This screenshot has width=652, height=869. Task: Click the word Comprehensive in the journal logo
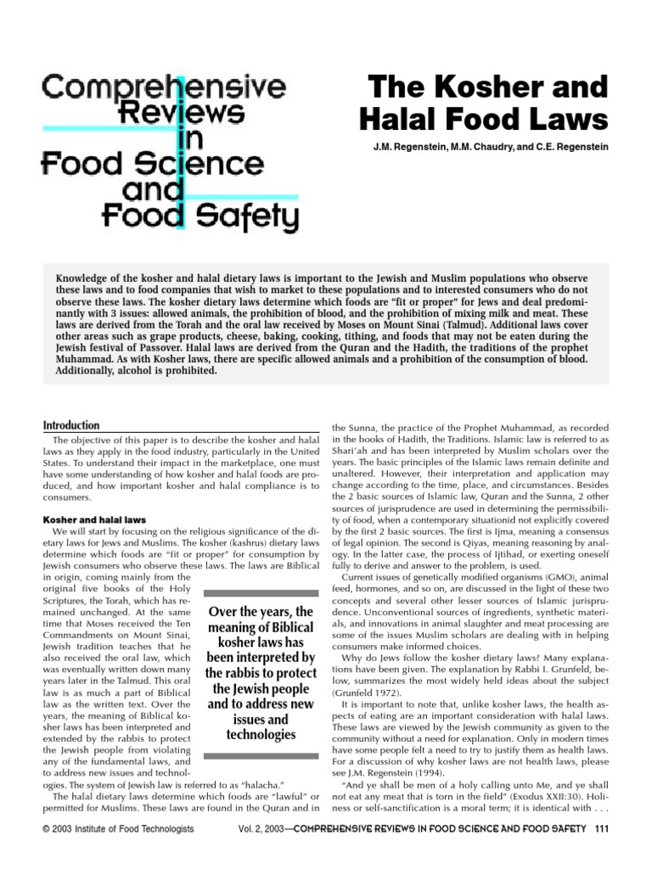click(165, 86)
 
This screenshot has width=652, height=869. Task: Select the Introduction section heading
click(71, 425)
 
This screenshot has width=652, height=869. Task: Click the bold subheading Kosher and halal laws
click(95, 519)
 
